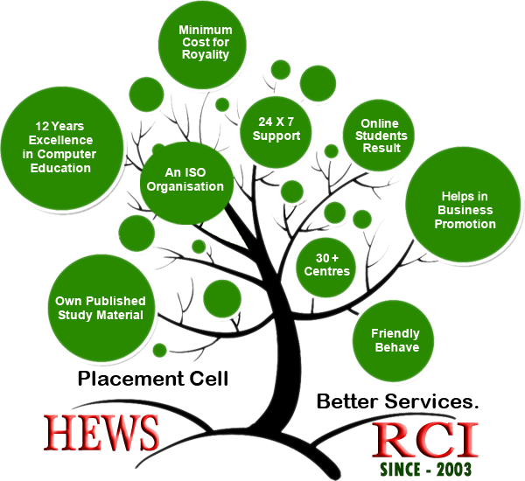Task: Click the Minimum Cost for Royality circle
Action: pos(203,45)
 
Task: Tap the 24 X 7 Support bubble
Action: pos(276,132)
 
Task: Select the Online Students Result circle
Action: pos(379,136)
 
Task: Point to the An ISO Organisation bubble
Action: pos(186,183)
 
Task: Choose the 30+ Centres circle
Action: pos(325,268)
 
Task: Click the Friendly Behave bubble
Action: pos(394,341)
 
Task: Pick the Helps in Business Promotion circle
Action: pos(464,205)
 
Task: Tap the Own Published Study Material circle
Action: pos(101,308)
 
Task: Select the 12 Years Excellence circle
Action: pos(62,149)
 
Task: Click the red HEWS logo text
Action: pos(101,433)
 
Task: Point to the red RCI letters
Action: pos(425,440)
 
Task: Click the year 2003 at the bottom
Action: pos(454,469)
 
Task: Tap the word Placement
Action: pos(131,379)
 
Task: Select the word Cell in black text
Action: pos(209,378)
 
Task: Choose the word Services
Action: pos(431,401)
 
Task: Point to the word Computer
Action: pos(66,154)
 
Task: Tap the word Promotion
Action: pos(465,224)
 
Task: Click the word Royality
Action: pos(206,54)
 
